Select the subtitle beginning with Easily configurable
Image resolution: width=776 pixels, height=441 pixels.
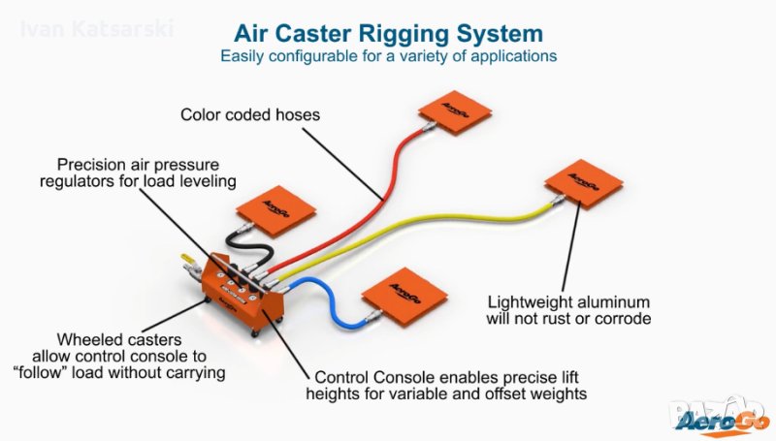[388, 56]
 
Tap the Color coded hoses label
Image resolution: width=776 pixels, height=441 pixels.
[250, 115]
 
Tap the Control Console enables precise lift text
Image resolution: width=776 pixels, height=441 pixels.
[445, 385]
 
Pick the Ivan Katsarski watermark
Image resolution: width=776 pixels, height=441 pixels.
[97, 28]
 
